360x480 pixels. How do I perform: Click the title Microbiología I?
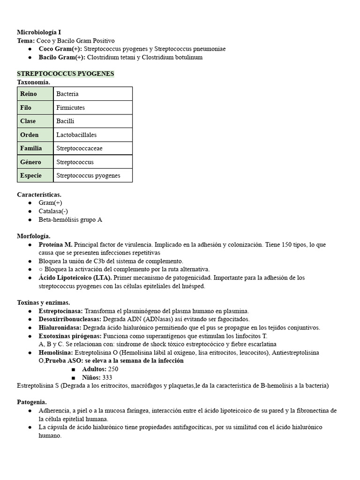coord(39,32)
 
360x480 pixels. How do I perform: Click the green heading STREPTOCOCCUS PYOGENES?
coord(65,74)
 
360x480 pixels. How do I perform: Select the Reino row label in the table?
coord(29,94)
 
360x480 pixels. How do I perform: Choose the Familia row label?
coord(31,148)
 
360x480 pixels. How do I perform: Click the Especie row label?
coord(31,175)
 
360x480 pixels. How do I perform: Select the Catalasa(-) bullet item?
coord(53,211)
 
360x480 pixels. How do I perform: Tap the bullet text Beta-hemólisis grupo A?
coord(70,219)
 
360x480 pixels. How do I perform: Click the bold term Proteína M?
coord(55,245)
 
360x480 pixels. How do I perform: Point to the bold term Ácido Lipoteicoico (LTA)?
coord(72,278)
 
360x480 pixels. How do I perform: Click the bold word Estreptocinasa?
coord(60,311)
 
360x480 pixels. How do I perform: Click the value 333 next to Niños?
coord(107,377)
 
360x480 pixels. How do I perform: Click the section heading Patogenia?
coord(32,402)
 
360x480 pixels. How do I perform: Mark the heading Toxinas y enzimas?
coord(44,303)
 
